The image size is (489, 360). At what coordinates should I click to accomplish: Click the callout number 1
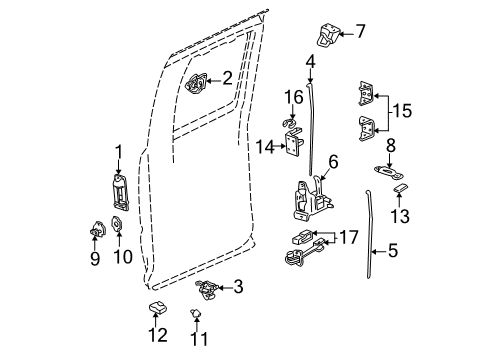[x=118, y=153]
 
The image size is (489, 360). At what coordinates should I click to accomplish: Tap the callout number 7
[x=360, y=32]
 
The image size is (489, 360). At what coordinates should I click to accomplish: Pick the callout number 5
[x=392, y=254]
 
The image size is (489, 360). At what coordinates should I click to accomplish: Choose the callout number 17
[x=349, y=237]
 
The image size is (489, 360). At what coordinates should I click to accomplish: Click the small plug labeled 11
[x=195, y=313]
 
